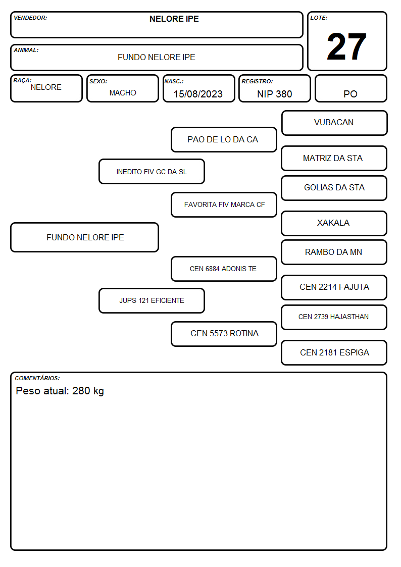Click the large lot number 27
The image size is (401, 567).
346,46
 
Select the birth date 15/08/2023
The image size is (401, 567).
198,94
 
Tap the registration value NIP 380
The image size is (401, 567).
274,94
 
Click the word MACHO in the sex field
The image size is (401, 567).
123,93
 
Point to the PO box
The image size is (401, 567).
350,88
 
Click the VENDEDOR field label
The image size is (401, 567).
30,18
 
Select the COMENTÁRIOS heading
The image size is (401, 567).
37,378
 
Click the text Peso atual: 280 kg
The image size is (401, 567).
60,391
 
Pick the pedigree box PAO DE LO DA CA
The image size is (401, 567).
224,139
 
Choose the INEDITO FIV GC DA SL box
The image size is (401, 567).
152,172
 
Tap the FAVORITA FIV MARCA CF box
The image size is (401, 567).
224,204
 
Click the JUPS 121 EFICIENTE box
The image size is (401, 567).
152,300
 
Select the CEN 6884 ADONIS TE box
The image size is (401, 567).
224,269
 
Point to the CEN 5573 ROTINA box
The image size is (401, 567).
224,334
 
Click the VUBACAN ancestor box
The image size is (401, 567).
334,123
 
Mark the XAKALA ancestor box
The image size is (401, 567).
334,223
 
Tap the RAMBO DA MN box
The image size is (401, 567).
334,252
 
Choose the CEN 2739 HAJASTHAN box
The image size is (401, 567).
334,317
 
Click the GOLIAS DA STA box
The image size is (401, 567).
334,188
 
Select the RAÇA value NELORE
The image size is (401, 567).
46,87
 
